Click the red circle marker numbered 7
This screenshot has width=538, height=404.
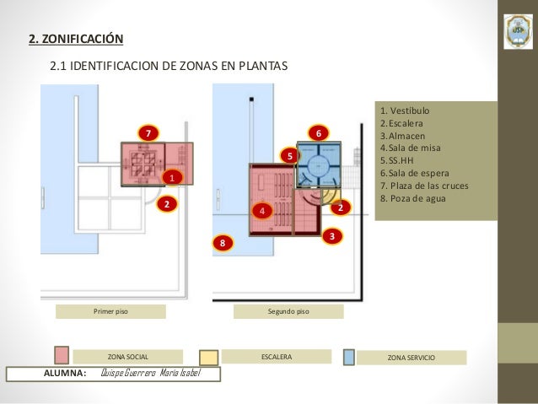pyautogui.click(x=148, y=133)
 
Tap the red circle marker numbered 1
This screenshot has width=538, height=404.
pyautogui.click(x=171, y=178)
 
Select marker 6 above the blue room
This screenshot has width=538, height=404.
pyautogui.click(x=318, y=133)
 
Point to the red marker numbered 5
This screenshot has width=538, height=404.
pyautogui.click(x=289, y=156)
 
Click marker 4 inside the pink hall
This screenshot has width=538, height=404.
pyautogui.click(x=262, y=209)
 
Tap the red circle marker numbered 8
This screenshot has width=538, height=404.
pyautogui.click(x=223, y=243)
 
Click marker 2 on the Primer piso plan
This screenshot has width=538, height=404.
pyautogui.click(x=167, y=204)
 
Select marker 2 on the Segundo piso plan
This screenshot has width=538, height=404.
pyautogui.click(x=339, y=207)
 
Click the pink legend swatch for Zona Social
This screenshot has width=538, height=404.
pyautogui.click(x=62, y=355)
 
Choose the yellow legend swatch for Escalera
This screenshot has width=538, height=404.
pyautogui.click(x=208, y=358)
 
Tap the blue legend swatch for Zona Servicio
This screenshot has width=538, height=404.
pyautogui.click(x=349, y=356)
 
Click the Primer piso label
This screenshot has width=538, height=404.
pyautogui.click(x=110, y=311)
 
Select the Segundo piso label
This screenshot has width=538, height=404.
pyautogui.click(x=288, y=311)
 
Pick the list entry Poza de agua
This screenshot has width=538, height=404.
pyautogui.click(x=413, y=199)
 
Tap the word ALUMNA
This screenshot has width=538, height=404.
pyautogui.click(x=64, y=374)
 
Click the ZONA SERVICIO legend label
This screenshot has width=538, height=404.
pyautogui.click(x=411, y=358)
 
